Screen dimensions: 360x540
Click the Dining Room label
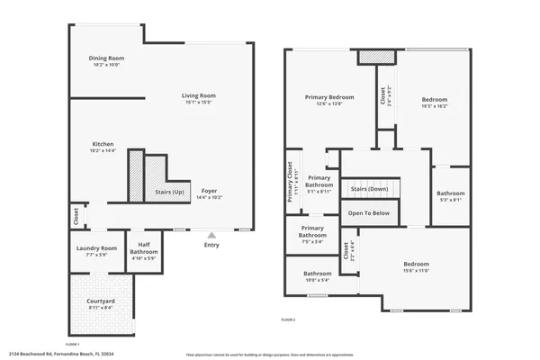[x=105, y=58]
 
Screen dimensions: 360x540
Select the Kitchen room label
[x=102, y=144]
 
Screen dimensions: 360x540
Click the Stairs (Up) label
[x=169, y=193]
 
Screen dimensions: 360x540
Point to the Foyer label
[x=209, y=190]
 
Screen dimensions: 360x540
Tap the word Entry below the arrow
[x=211, y=245]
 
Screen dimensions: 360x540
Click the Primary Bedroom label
[x=329, y=97]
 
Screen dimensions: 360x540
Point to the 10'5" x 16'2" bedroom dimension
[x=435, y=105]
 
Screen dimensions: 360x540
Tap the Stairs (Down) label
[x=369, y=189]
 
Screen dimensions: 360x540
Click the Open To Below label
[x=369, y=213]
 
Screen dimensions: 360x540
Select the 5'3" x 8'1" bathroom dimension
[x=451, y=200]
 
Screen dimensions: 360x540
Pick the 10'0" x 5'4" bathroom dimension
[x=317, y=280]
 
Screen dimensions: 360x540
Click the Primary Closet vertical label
[x=290, y=181]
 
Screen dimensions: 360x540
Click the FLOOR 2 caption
[x=288, y=320]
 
